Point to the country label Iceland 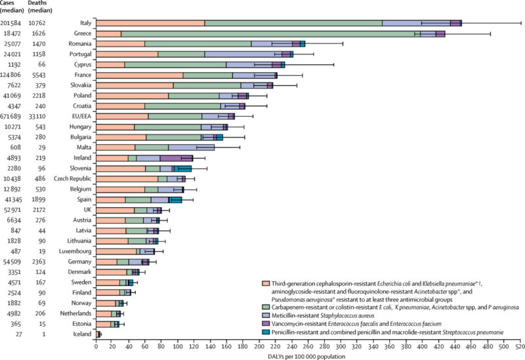[x=81, y=335]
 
